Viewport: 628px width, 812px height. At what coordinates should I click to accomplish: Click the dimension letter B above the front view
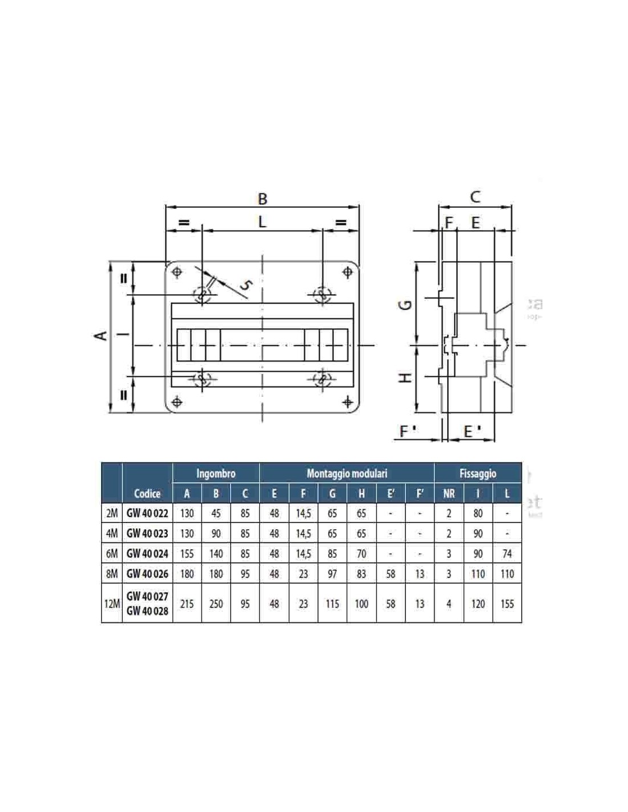click(263, 198)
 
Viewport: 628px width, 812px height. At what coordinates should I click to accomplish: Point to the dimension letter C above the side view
click(475, 196)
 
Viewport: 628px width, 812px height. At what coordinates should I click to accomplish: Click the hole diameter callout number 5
click(245, 285)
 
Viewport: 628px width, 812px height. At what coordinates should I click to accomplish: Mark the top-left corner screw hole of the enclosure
click(177, 272)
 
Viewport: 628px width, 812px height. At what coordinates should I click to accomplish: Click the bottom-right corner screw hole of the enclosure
click(348, 402)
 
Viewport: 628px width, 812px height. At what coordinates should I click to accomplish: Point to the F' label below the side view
click(408, 431)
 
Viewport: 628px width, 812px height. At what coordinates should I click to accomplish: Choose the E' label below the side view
click(472, 431)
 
